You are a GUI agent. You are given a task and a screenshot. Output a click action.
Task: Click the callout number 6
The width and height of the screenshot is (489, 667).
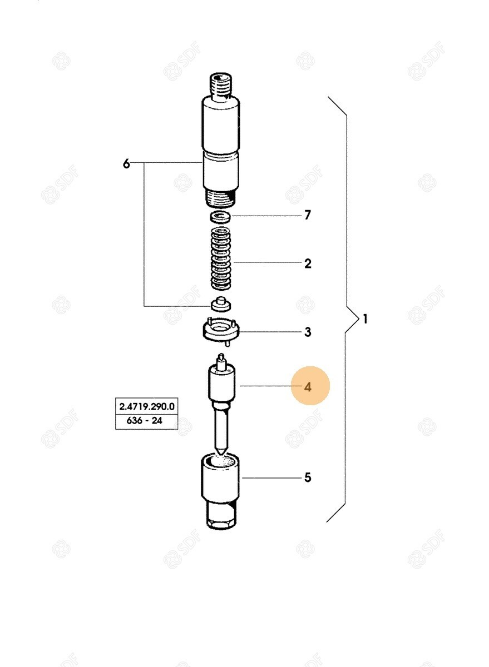(126, 163)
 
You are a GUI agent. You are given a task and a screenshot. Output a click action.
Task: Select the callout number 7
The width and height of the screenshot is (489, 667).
(308, 215)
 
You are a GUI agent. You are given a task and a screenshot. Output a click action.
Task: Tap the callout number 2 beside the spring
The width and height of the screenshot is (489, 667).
(308, 263)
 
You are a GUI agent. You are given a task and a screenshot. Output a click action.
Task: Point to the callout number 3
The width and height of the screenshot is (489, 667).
(308, 332)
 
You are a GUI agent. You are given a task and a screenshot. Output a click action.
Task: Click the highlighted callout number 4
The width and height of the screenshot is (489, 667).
(308, 387)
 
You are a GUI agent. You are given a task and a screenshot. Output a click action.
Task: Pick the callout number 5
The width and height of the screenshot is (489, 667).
(308, 477)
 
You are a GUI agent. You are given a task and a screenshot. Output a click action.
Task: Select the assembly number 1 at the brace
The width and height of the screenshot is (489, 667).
(365, 319)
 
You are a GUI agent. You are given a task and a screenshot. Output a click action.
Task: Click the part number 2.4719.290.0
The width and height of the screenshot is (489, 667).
(147, 406)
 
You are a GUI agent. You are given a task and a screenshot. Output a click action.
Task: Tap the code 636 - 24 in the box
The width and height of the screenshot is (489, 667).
(145, 421)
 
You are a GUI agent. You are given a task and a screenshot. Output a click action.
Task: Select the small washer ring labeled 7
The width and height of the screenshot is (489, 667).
(220, 216)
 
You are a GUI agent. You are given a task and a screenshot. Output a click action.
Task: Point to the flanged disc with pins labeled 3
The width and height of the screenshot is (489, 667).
(221, 331)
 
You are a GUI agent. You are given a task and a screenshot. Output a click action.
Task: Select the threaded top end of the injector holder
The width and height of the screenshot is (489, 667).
(221, 85)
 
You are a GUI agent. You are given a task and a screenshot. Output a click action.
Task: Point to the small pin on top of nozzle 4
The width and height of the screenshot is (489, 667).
(221, 361)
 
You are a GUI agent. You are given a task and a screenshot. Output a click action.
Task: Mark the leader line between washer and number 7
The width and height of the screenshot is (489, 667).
(266, 215)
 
